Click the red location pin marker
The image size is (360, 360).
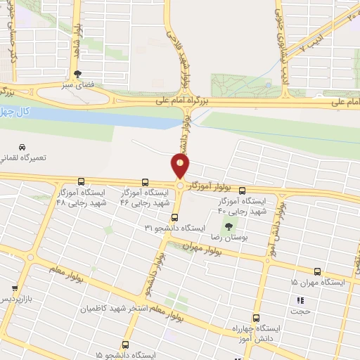[x=181, y=167]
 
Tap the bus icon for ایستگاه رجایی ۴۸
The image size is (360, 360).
[x=82, y=181]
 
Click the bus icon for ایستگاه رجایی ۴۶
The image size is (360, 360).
[x=145, y=182]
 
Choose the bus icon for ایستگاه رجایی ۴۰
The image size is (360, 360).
[x=243, y=190]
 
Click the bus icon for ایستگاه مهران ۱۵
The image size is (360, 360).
[x=317, y=271]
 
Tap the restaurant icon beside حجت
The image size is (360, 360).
[x=302, y=301]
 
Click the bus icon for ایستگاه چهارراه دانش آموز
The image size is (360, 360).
[x=256, y=318]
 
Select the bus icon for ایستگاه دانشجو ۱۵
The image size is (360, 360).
[x=125, y=345]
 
